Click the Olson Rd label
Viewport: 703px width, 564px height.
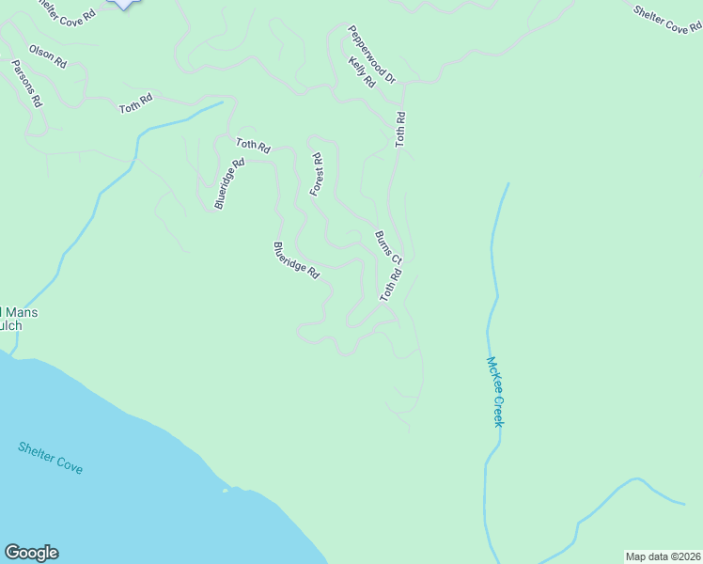coord(47,56)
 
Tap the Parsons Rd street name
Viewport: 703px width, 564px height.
coord(26,83)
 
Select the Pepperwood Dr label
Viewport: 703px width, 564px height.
coord(372,55)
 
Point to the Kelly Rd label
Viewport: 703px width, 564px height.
coord(361,72)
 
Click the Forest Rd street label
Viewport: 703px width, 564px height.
coord(317,175)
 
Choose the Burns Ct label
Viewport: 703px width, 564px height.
coord(388,246)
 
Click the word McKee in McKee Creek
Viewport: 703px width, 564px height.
coord(493,373)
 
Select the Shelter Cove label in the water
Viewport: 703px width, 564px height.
coord(50,457)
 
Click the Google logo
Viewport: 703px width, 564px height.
coord(31,553)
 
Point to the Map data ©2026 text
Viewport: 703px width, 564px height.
coord(664,556)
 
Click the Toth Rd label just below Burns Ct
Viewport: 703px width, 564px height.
coord(391,286)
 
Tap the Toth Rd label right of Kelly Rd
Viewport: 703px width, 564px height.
coord(400,129)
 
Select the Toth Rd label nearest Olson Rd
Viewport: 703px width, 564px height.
coord(135,104)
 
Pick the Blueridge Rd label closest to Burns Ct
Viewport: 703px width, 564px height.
coord(297,260)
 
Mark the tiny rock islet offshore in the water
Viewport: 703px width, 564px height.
coord(225,489)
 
